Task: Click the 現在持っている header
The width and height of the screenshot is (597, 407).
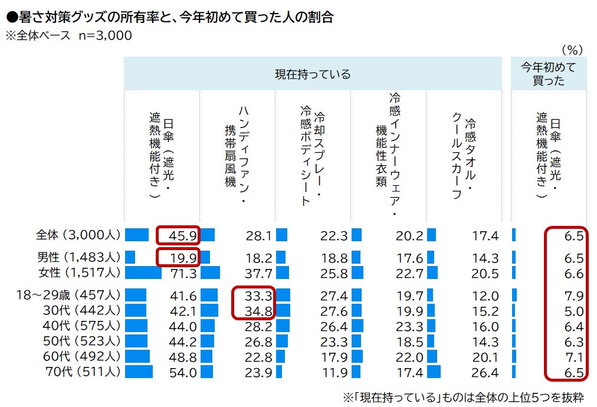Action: [x=313, y=74]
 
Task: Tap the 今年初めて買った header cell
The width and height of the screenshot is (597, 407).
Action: [x=548, y=74]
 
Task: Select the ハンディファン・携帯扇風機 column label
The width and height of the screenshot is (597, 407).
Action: [x=237, y=154]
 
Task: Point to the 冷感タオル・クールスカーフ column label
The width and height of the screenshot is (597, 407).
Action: [x=463, y=158]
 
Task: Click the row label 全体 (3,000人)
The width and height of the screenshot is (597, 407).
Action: [x=78, y=235]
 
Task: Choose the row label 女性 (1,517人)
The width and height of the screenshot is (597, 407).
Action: [x=79, y=273]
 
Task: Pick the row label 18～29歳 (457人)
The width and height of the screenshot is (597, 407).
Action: [x=68, y=295]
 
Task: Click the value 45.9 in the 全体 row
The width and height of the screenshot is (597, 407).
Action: [x=182, y=236]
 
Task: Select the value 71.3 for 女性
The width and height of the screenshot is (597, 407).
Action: [x=183, y=273]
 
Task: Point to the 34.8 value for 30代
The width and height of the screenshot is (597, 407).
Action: [x=258, y=311]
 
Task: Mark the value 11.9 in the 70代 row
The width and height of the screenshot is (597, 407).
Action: [x=334, y=372]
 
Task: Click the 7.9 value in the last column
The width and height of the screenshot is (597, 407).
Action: [x=574, y=296]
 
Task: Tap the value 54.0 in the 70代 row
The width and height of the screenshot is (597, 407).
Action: [x=183, y=372]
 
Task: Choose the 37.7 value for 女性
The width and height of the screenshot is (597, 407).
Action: [x=258, y=273]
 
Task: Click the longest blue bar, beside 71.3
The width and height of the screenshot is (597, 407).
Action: [x=143, y=273]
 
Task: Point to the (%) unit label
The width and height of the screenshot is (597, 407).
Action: [x=572, y=50]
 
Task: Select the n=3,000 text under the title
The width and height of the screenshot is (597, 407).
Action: [x=106, y=35]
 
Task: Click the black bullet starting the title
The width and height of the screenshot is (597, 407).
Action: [x=12, y=17]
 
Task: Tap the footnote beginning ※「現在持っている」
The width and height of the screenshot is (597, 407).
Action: [x=463, y=398]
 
